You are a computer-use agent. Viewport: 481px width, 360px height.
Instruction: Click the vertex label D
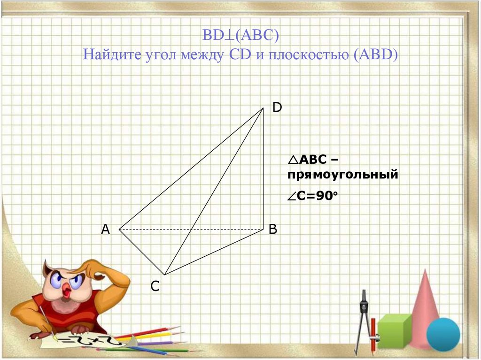click(277, 108)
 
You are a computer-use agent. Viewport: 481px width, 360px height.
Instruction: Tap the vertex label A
click(105, 230)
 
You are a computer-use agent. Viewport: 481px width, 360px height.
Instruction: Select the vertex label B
click(273, 230)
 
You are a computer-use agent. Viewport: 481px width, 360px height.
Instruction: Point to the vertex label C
click(155, 286)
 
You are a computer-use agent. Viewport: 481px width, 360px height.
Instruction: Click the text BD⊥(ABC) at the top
click(240, 35)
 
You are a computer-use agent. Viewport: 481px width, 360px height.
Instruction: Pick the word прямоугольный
click(343, 175)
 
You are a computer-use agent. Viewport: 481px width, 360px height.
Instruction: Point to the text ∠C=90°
click(312, 197)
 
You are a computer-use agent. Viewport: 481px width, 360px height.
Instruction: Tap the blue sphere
click(443, 334)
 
